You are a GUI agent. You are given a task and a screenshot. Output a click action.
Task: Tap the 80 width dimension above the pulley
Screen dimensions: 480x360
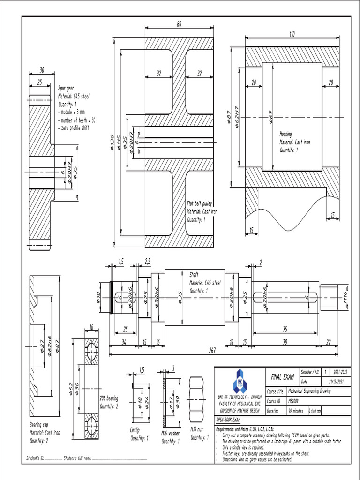pyautogui.click(x=179, y=24)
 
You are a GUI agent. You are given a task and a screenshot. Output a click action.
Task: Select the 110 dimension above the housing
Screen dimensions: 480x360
pyautogui.click(x=292, y=34)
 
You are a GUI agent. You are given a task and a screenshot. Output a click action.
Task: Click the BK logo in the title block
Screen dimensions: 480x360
pyautogui.click(x=241, y=381)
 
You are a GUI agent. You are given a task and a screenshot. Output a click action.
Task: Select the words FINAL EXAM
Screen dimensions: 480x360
pyautogui.click(x=283, y=377)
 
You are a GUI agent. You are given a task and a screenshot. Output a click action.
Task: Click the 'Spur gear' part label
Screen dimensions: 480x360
pyautogui.click(x=66, y=88)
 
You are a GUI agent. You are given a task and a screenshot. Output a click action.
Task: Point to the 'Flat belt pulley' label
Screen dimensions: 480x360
pyautogui.click(x=200, y=204)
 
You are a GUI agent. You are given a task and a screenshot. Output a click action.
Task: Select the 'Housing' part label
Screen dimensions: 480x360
pyautogui.click(x=285, y=134)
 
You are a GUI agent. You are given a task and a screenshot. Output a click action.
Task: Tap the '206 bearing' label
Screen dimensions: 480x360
pyautogui.click(x=109, y=399)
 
